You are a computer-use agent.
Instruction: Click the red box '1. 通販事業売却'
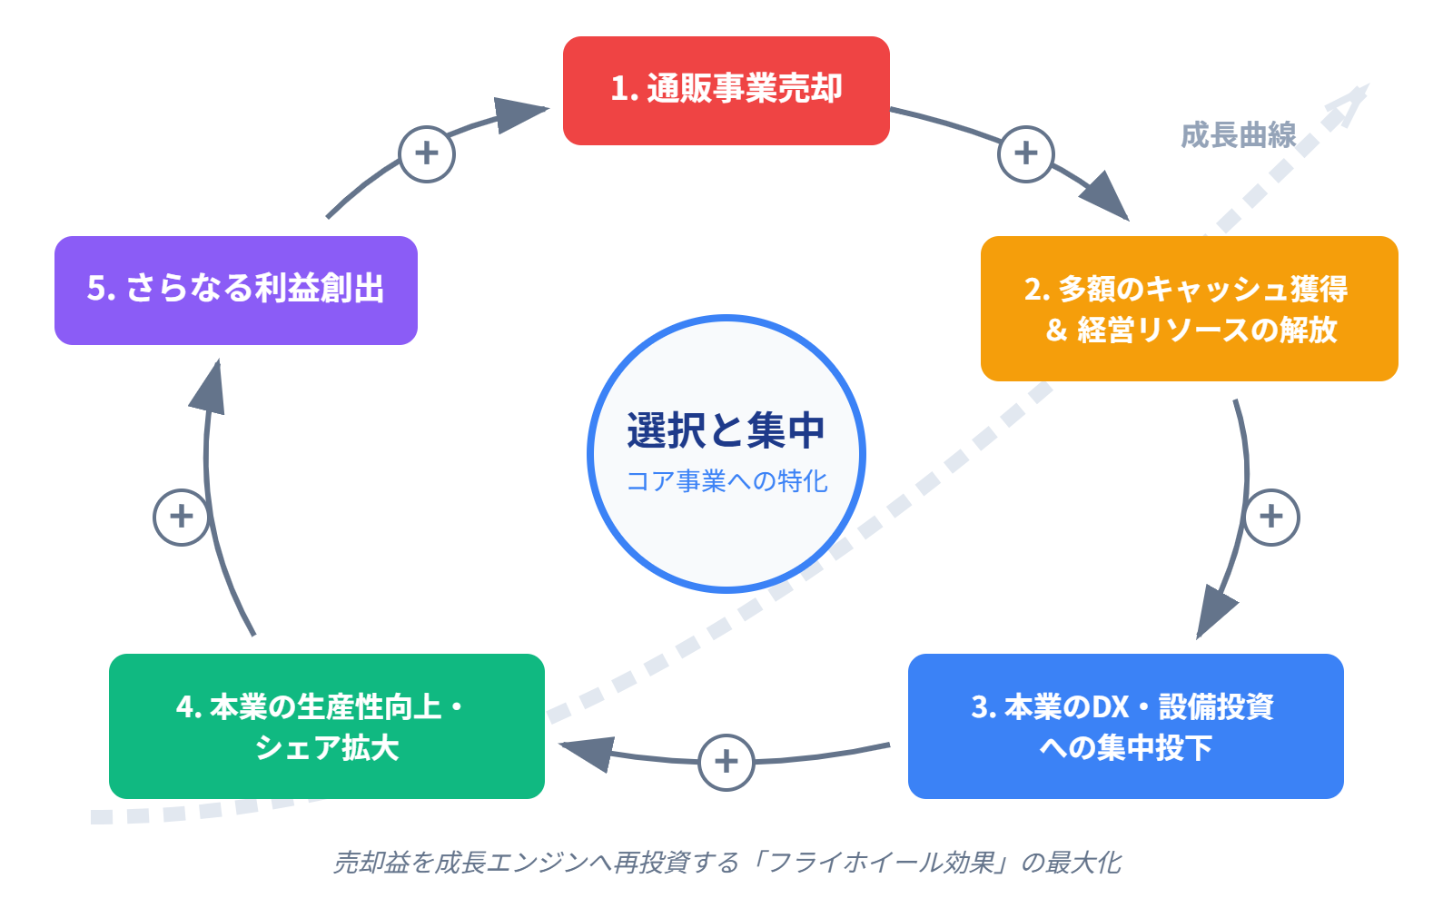[x=726, y=90]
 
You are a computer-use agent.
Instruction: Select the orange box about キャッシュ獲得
[x=1189, y=309]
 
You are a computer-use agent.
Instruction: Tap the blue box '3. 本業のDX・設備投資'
[x=1125, y=726]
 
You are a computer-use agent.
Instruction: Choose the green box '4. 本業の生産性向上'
[x=326, y=726]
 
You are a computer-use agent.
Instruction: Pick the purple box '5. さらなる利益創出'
[x=235, y=290]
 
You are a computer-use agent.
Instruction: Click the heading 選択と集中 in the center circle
[x=726, y=430]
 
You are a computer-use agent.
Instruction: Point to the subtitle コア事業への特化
[x=726, y=481]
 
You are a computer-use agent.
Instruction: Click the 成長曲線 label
[x=1238, y=136]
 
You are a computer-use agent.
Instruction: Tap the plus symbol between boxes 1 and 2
[x=1025, y=153]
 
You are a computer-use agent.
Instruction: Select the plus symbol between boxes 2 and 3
[x=1270, y=517]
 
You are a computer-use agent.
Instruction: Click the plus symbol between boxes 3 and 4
[x=726, y=762]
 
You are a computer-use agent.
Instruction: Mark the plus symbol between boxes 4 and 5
[x=181, y=517]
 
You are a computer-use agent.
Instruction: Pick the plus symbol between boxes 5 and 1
[x=426, y=153]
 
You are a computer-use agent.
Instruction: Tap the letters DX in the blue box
[x=1110, y=706]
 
